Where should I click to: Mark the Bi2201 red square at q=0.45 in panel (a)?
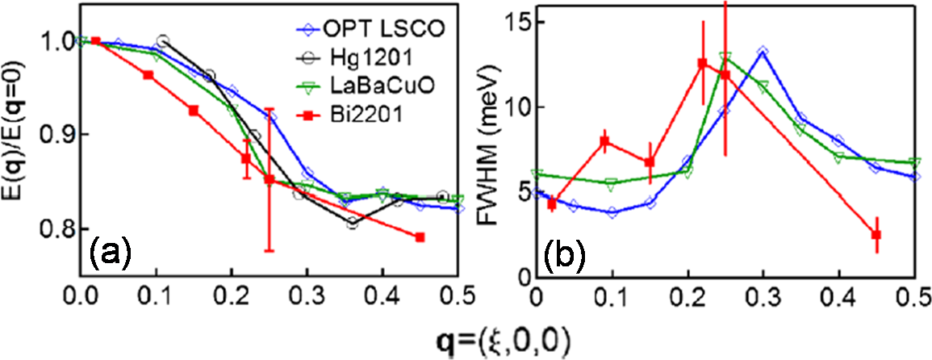coord(420,237)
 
